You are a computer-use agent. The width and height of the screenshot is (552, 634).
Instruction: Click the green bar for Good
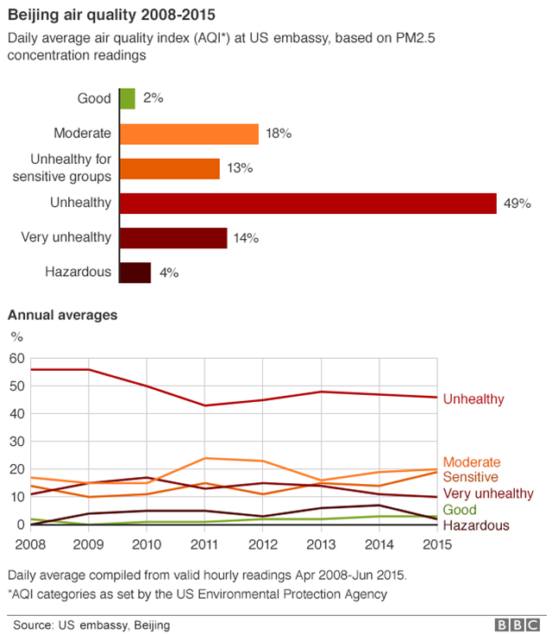pyautogui.click(x=128, y=98)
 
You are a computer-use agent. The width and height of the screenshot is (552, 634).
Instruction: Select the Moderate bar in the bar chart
pyautogui.click(x=189, y=134)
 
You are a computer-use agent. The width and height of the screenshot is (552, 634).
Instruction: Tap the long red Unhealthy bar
pyautogui.click(x=308, y=204)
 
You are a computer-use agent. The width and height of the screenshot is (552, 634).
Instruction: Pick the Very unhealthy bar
pyautogui.click(x=173, y=238)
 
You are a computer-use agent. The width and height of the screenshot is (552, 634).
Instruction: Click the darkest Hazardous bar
pyautogui.click(x=135, y=273)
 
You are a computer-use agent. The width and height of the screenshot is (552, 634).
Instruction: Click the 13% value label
pyautogui.click(x=239, y=168)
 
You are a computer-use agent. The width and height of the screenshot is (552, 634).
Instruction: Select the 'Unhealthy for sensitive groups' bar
pyautogui.click(x=170, y=168)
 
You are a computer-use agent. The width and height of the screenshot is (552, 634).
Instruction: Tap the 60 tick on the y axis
pyautogui.click(x=17, y=358)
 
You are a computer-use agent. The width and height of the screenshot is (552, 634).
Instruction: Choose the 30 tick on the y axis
pyautogui.click(x=17, y=442)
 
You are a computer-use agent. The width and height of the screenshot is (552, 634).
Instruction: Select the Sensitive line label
pyautogui.click(x=471, y=477)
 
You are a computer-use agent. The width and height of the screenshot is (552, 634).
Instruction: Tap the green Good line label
pyautogui.click(x=460, y=510)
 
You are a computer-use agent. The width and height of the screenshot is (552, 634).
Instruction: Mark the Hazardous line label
pyautogui.click(x=476, y=525)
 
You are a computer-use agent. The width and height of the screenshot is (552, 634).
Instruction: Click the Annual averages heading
pyautogui.click(x=62, y=316)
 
